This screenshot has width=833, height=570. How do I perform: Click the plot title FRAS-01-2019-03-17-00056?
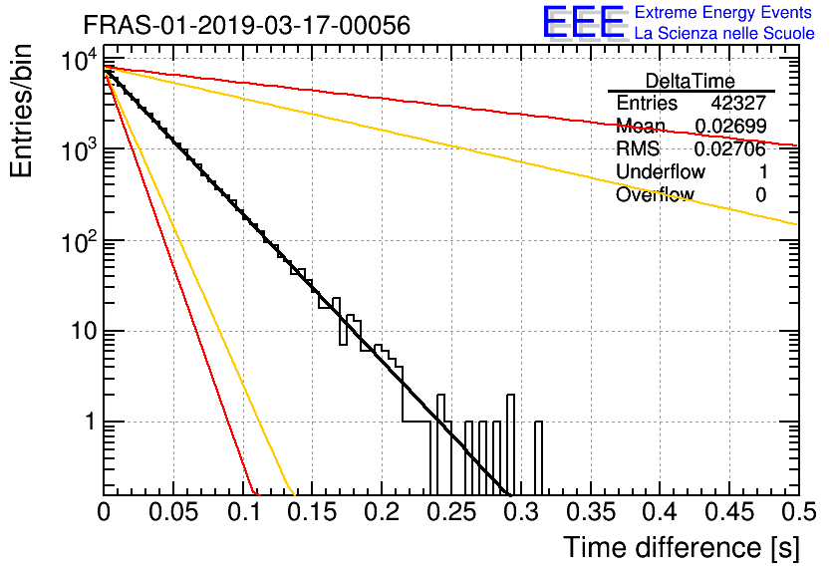(x=246, y=25)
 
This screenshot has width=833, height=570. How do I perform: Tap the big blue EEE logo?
(x=583, y=22)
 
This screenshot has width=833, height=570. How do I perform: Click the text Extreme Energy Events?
(x=723, y=12)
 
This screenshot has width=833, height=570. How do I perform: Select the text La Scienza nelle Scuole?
(x=724, y=34)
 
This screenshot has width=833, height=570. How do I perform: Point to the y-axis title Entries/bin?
(x=21, y=111)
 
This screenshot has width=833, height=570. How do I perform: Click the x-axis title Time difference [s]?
(x=682, y=548)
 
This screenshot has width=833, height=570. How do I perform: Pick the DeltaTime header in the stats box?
(x=691, y=82)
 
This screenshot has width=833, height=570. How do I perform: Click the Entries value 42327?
(x=738, y=103)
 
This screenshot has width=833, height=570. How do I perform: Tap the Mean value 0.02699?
(x=730, y=126)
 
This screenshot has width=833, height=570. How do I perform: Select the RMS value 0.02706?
(x=730, y=148)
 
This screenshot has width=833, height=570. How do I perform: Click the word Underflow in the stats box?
(x=661, y=171)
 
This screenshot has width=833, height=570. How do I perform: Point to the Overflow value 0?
(x=761, y=195)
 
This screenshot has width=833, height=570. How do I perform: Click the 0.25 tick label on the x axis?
(x=452, y=512)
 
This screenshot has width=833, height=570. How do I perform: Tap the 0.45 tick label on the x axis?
(x=730, y=512)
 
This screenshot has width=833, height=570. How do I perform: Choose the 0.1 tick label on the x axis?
(x=244, y=512)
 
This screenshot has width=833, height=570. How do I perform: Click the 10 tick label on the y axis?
(x=84, y=332)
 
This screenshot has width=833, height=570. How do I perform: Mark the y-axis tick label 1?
(x=90, y=423)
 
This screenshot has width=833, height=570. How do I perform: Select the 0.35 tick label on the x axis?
(x=591, y=512)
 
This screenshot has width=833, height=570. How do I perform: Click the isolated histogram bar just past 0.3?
(x=539, y=458)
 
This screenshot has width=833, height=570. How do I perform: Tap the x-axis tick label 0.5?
(x=799, y=512)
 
